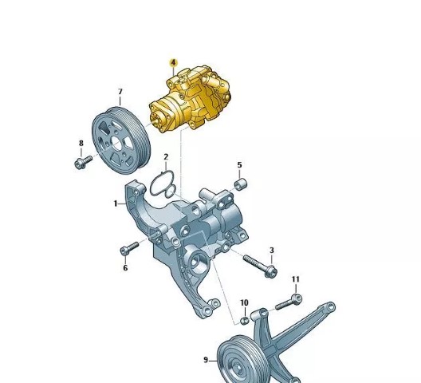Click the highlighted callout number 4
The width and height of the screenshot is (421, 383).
click(174, 62)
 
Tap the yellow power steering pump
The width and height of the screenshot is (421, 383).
click(190, 99)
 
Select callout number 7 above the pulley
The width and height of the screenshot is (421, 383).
click(120, 92)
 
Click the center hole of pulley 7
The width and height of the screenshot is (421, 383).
click(116, 143)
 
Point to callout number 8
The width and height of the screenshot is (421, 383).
click(81, 144)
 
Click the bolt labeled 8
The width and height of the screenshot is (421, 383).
click(83, 162)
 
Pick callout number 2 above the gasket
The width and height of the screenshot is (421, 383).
click(166, 156)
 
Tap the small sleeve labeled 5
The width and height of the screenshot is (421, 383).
click(241, 184)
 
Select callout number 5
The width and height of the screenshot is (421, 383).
click(239, 164)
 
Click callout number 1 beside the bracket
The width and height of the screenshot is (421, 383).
click(116, 203)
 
